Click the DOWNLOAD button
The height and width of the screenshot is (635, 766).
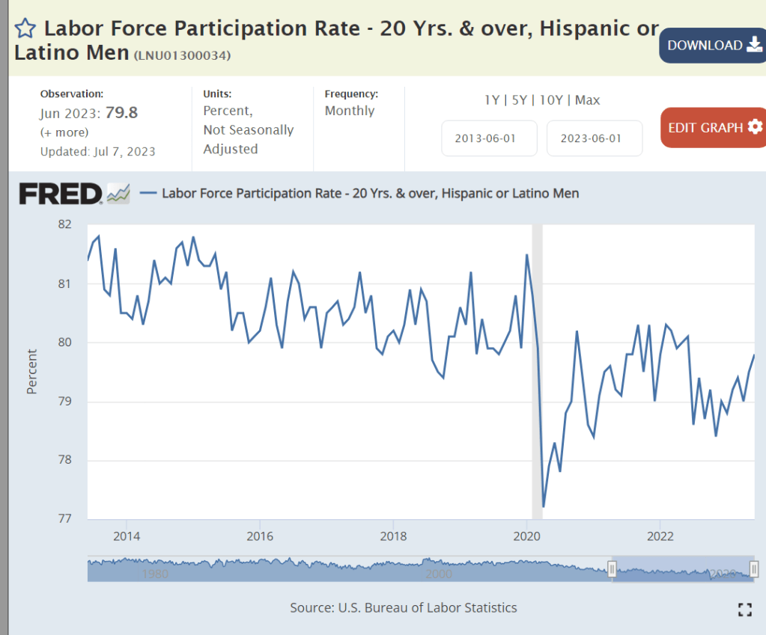pos(712,46)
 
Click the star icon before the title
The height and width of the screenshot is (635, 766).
pos(25,30)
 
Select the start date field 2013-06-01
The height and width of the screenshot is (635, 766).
pos(489,138)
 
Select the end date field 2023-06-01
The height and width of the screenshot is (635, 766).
pos(595,138)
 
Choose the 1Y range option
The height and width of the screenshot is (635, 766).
pos(492,100)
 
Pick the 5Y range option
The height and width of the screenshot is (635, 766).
pos(520,100)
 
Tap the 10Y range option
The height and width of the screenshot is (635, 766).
pos(551,100)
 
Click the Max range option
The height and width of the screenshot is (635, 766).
pos(588,100)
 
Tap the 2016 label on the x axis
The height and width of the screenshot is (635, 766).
pos(259,536)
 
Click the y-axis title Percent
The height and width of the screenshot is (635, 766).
pos(32,372)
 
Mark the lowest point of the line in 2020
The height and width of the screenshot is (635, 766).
pos(544,507)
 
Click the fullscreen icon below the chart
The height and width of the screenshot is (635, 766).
pos(744,609)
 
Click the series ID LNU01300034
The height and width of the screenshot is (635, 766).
pos(182,56)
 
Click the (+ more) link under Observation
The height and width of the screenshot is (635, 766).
pos(64,132)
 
